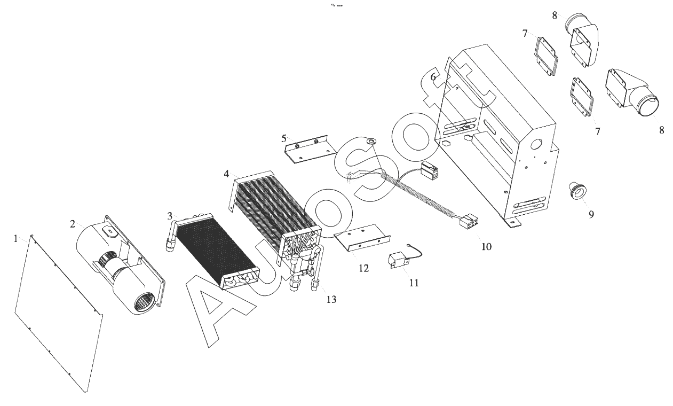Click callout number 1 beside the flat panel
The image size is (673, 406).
pyautogui.click(x=15, y=239)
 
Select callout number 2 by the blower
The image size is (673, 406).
pyautogui.click(x=72, y=224)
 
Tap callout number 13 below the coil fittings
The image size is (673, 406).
pyautogui.click(x=331, y=299)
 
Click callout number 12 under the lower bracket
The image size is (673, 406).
pyautogui.click(x=363, y=268)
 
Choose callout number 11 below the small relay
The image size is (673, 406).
pyautogui.click(x=414, y=283)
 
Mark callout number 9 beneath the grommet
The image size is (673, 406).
pyautogui.click(x=591, y=214)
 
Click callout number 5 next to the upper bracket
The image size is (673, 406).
pyautogui.click(x=284, y=138)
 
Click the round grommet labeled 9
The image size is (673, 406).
pyautogui.click(x=578, y=190)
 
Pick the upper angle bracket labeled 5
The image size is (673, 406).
pyautogui.click(x=310, y=149)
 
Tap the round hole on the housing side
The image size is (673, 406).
pyautogui.click(x=536, y=145)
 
